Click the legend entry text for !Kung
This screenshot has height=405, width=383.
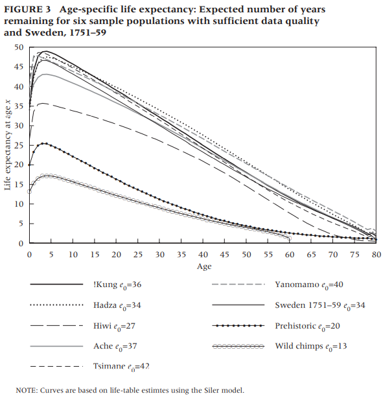click(x=117, y=285)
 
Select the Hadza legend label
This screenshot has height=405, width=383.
click(x=117, y=306)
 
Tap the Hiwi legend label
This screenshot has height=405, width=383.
click(x=114, y=326)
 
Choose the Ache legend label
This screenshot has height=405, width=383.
click(x=115, y=347)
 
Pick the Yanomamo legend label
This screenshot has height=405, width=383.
click(x=309, y=285)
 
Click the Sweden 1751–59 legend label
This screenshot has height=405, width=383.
click(x=320, y=306)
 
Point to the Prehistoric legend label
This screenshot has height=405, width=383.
click(x=307, y=326)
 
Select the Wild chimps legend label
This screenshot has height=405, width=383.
click(x=310, y=347)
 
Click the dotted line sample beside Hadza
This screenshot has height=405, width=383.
click(x=56, y=305)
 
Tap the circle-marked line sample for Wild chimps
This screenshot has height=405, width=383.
click(x=238, y=347)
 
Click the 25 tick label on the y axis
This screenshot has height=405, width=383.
click(x=19, y=145)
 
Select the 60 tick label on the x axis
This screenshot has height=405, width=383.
click(x=290, y=255)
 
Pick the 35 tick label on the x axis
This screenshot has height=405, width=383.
click(x=181, y=255)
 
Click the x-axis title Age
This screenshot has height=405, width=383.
click(x=204, y=266)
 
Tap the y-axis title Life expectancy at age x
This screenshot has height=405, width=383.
click(x=8, y=145)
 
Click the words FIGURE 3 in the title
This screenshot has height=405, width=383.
click(x=27, y=10)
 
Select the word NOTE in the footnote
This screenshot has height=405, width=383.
click(x=26, y=390)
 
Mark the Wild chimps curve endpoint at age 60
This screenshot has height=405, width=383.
click(x=289, y=238)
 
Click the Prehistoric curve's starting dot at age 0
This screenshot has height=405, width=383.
click(x=29, y=165)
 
